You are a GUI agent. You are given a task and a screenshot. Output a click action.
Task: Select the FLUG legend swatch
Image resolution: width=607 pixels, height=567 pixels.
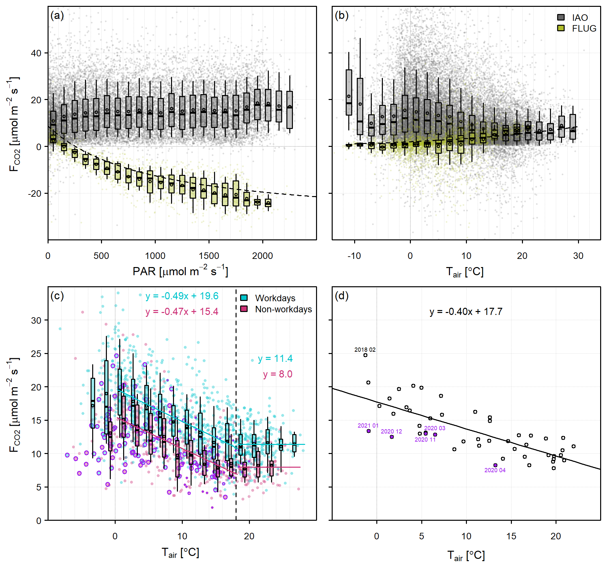[561, 28]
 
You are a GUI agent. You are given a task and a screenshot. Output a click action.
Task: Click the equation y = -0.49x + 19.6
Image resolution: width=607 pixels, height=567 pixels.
[182, 296]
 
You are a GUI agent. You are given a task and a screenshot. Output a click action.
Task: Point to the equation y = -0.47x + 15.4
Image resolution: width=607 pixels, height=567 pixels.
[182, 312]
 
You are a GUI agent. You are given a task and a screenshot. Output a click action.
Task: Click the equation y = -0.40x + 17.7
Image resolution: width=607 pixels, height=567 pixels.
[466, 312]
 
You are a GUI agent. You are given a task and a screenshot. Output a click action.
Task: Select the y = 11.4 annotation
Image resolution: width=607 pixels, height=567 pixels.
[275, 359]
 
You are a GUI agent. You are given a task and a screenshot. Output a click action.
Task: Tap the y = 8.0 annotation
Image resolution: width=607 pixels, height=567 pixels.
[278, 374]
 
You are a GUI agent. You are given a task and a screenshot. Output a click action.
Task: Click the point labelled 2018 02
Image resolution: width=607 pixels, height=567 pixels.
[365, 355]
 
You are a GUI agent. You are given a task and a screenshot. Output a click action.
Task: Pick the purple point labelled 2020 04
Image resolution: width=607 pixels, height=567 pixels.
[495, 465]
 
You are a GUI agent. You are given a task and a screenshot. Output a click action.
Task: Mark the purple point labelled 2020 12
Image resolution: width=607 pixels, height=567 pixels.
[392, 437]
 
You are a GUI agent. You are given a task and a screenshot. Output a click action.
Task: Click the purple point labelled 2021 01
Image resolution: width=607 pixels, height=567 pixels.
[369, 431]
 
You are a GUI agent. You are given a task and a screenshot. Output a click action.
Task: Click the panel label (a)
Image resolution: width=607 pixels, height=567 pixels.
[57, 16]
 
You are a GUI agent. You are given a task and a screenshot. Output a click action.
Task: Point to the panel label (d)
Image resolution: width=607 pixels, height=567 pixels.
[342, 296]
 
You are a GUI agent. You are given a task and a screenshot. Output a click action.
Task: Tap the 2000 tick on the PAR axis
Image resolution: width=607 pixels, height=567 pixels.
[262, 256]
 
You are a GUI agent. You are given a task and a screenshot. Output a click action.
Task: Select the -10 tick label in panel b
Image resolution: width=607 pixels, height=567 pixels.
[354, 256]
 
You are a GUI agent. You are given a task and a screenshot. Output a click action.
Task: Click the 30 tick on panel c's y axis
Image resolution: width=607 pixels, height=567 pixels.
[36, 320]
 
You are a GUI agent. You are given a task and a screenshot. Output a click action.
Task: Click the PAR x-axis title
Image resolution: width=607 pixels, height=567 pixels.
[180, 271]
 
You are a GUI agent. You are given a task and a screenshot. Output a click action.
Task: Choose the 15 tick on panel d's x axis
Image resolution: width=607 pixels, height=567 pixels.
[511, 536]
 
